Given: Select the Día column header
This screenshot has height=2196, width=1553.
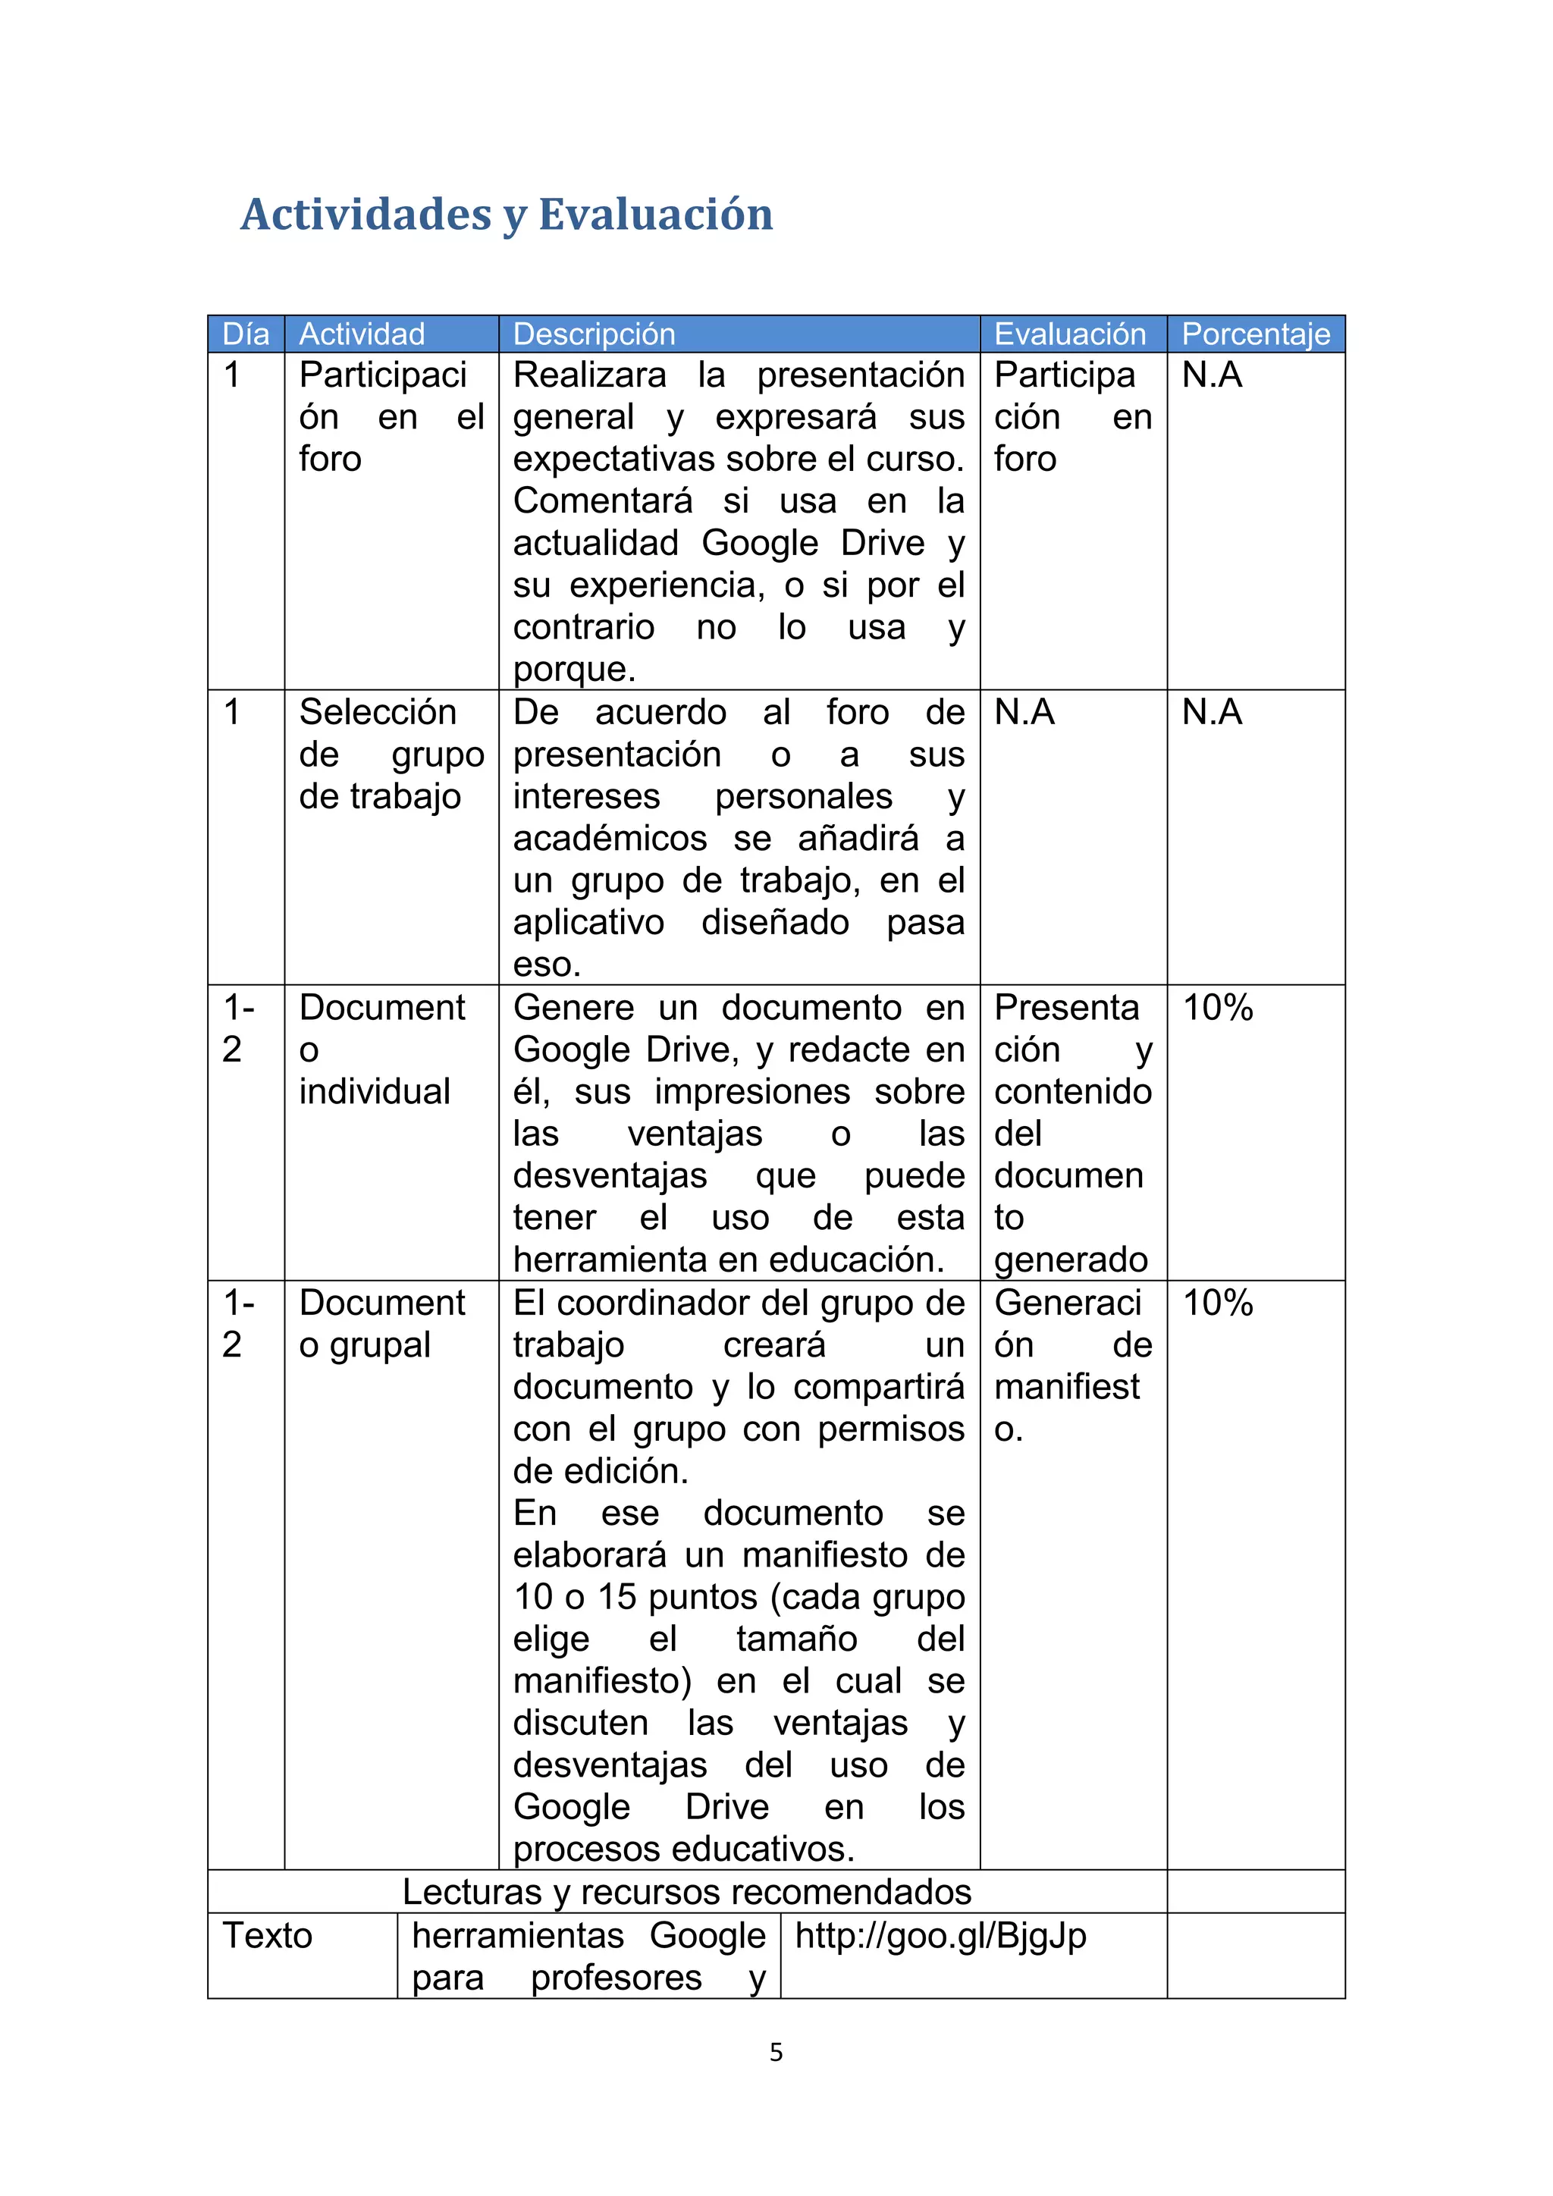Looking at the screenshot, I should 246,334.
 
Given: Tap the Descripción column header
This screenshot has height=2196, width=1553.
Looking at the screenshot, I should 594,334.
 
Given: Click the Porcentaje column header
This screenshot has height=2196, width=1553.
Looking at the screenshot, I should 1256,334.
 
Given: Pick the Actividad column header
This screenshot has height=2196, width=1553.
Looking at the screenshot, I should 362,334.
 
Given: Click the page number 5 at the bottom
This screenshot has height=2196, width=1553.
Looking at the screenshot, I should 776,2053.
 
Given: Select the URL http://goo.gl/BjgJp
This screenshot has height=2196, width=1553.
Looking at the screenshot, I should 940,1936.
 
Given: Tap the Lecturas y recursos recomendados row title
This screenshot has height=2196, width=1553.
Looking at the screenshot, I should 686,1892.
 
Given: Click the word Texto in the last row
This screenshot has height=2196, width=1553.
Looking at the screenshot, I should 267,1936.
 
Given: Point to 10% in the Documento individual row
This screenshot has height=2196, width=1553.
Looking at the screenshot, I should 1217,1007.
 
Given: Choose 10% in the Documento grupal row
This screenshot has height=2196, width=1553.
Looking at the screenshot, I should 1217,1303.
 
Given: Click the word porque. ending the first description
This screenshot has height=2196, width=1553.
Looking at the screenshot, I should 574,669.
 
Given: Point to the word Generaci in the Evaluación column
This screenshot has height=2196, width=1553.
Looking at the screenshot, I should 1067,1303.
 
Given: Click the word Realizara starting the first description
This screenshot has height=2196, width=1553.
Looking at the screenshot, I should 589,375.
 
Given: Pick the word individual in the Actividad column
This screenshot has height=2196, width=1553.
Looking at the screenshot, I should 374,1091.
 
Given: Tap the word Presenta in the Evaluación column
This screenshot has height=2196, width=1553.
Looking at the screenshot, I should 1066,1007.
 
